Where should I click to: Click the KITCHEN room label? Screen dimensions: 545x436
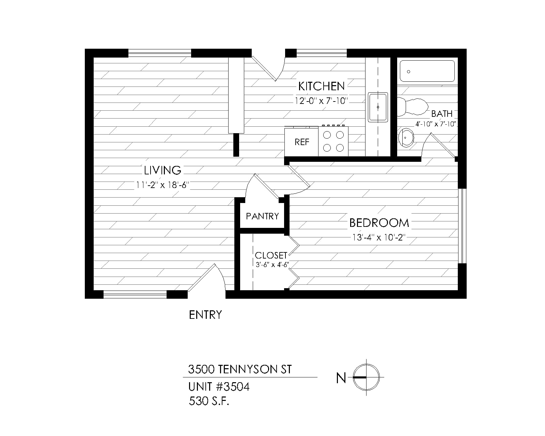pos(321,86)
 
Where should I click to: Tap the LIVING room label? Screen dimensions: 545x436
pos(162,170)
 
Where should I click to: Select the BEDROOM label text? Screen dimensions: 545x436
pos(379,223)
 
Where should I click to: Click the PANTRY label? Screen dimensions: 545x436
pos(262,216)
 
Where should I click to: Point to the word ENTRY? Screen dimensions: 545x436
pos(205,315)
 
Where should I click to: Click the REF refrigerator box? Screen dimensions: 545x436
pos(301,141)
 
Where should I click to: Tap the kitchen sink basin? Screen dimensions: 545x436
pos(378,107)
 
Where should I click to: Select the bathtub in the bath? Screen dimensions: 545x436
pos(427,71)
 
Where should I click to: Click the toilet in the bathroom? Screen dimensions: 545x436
pos(412,107)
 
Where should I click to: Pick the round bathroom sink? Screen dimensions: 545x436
pos(406,138)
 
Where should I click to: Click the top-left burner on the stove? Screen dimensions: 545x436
pos(327,135)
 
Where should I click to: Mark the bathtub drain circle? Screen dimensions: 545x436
pos(408,72)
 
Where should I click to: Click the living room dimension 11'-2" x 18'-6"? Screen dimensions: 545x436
pos(162,185)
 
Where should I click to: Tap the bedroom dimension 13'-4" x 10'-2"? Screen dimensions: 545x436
pos(379,237)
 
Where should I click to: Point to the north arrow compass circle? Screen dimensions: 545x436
pos(366,377)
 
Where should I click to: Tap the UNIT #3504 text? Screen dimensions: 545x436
pos(219,387)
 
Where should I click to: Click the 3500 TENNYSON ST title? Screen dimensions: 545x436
pos(240,369)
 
